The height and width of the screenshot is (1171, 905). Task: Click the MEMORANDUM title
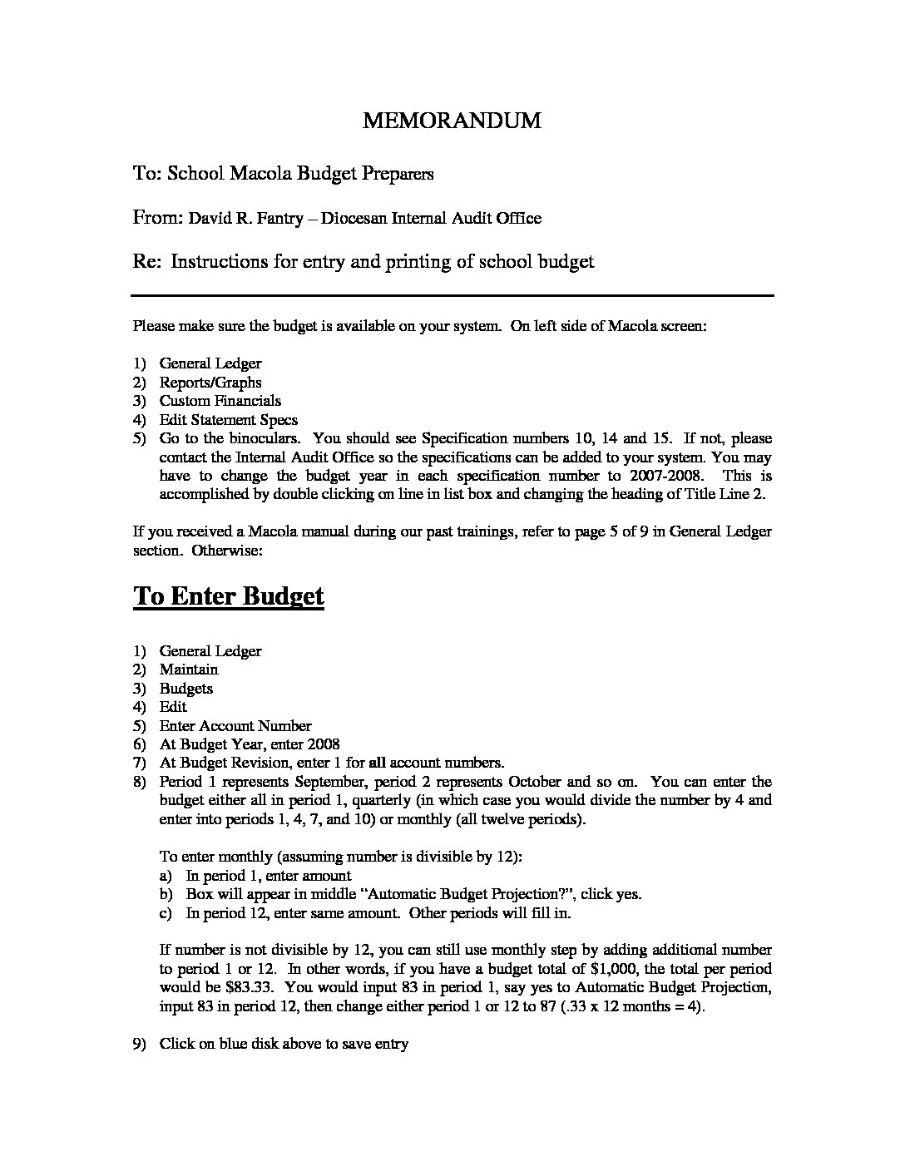tap(452, 121)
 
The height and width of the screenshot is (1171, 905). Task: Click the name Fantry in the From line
tap(287, 219)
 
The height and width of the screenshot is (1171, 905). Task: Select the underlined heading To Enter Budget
tap(229, 596)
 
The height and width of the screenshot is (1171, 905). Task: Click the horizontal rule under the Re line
tap(452, 295)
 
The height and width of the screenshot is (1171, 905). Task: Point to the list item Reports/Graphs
tap(210, 383)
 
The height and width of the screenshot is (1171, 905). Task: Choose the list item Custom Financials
tap(220, 401)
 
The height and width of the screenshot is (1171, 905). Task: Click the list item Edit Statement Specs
tap(228, 420)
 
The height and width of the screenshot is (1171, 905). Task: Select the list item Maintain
tap(189, 669)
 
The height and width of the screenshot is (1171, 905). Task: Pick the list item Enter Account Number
tap(235, 726)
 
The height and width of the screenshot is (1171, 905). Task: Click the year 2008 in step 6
tap(323, 744)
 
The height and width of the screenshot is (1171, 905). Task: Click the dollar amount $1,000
tap(686, 969)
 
